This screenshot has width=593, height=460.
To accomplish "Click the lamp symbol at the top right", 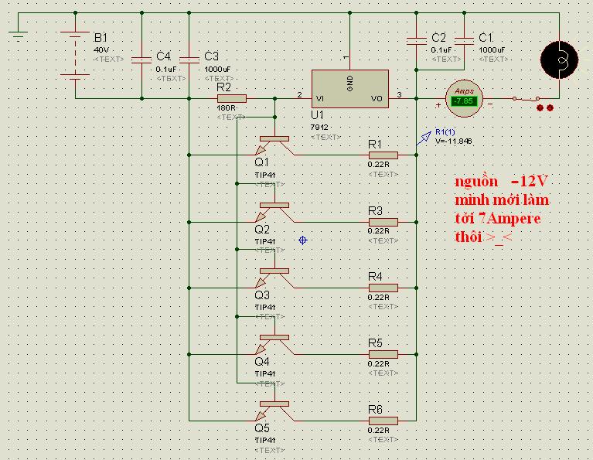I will click(x=558, y=59).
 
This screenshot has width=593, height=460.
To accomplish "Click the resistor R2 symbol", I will click(x=231, y=98).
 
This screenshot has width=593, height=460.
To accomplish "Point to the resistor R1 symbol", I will click(x=383, y=155).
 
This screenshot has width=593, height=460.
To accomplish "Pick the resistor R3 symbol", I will click(x=383, y=222).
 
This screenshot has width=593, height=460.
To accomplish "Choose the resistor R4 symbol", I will click(x=383, y=288).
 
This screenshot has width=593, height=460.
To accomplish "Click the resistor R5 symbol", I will click(x=383, y=354).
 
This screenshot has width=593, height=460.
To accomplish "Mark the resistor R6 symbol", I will click(x=383, y=421).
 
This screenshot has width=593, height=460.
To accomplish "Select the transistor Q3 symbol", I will click(x=273, y=277).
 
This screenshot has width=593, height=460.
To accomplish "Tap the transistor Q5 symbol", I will click(x=273, y=410).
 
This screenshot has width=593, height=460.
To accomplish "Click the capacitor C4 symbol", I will click(x=142, y=59).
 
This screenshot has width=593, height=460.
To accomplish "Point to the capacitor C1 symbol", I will click(x=464, y=40).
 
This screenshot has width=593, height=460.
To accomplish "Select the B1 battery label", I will click(x=101, y=38).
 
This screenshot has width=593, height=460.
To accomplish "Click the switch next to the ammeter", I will click(x=528, y=99).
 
